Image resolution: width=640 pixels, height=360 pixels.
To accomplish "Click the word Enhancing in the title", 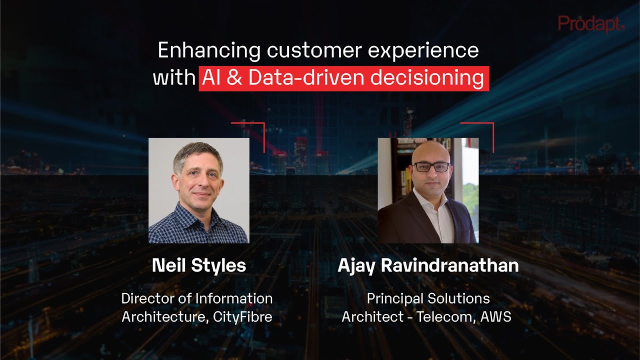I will coord(209,50).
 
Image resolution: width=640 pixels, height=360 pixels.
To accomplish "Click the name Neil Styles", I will coord(198,265).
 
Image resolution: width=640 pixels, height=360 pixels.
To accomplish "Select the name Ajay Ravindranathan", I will coord(428,265).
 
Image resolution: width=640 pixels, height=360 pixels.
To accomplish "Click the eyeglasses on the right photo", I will coord(431,167).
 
